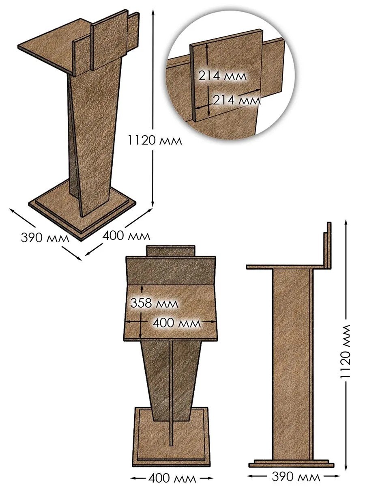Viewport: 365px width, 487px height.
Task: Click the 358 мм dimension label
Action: point(154,303)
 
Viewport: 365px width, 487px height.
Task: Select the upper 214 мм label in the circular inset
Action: point(222,76)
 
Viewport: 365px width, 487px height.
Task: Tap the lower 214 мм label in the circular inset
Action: point(237,100)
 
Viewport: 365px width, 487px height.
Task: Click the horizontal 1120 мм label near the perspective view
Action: point(155,140)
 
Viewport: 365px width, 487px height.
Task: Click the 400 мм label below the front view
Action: point(172,478)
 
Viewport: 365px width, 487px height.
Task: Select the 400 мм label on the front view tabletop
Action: point(177,323)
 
